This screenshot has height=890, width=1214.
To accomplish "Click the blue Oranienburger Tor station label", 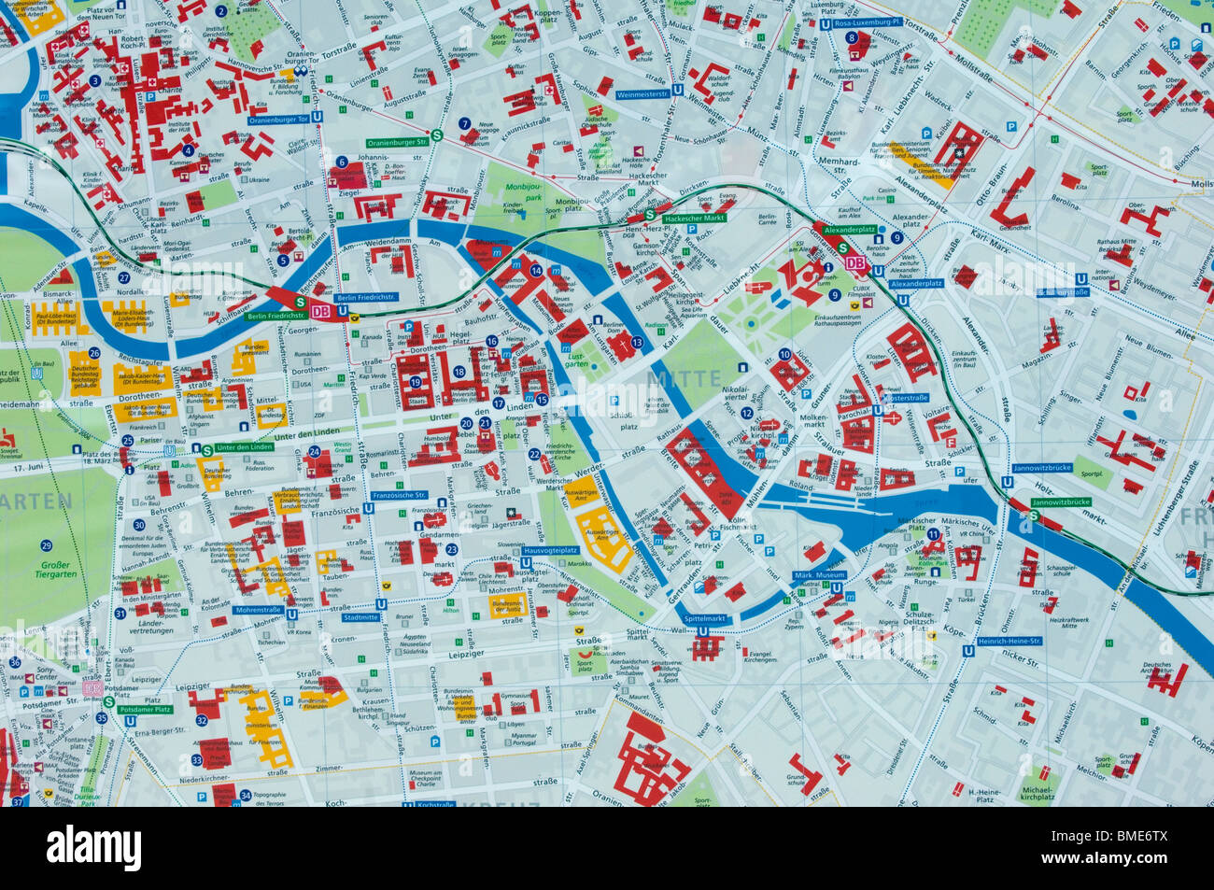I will pos(278,119).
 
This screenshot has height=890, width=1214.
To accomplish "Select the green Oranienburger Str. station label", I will pos(397,142).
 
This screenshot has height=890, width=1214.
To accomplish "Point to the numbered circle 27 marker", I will pos(123,277).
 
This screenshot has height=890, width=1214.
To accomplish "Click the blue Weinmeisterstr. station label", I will pos(642,94).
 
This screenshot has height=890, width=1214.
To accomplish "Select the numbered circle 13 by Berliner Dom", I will pos(637,343).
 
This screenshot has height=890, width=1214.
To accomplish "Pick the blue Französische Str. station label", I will pos(399,495).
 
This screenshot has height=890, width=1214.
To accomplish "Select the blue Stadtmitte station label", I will pos(360,616).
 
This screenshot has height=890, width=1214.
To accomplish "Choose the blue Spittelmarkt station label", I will pos(705,618).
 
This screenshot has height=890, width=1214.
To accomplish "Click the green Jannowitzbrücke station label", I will pos(1061,502).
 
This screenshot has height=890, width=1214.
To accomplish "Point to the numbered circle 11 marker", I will pos(933,533).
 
